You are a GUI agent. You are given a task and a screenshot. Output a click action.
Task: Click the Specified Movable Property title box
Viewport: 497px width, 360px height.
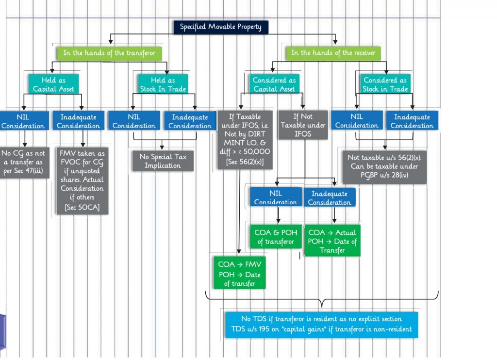(220, 27)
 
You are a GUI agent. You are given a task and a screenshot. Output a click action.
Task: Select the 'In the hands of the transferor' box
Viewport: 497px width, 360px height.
(109, 52)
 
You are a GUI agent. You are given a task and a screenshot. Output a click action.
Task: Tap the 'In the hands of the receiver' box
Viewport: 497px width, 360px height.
(333, 52)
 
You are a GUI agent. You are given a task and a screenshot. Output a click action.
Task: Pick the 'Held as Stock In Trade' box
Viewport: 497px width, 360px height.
(162, 84)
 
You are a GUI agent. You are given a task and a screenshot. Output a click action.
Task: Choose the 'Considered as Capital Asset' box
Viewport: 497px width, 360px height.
(274, 84)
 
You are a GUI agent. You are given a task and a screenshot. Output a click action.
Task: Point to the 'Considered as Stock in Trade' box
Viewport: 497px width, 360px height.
(385, 84)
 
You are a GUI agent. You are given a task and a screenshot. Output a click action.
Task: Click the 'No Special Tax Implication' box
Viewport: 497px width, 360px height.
(163, 161)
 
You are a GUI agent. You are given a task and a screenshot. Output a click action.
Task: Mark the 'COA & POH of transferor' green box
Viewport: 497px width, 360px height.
(276, 237)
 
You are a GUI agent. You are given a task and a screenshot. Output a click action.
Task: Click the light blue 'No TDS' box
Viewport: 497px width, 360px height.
(321, 324)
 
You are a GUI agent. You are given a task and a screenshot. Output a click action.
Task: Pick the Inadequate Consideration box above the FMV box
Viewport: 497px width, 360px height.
(78, 121)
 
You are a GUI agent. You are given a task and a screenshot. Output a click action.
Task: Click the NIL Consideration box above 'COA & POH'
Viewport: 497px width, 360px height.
(275, 197)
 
